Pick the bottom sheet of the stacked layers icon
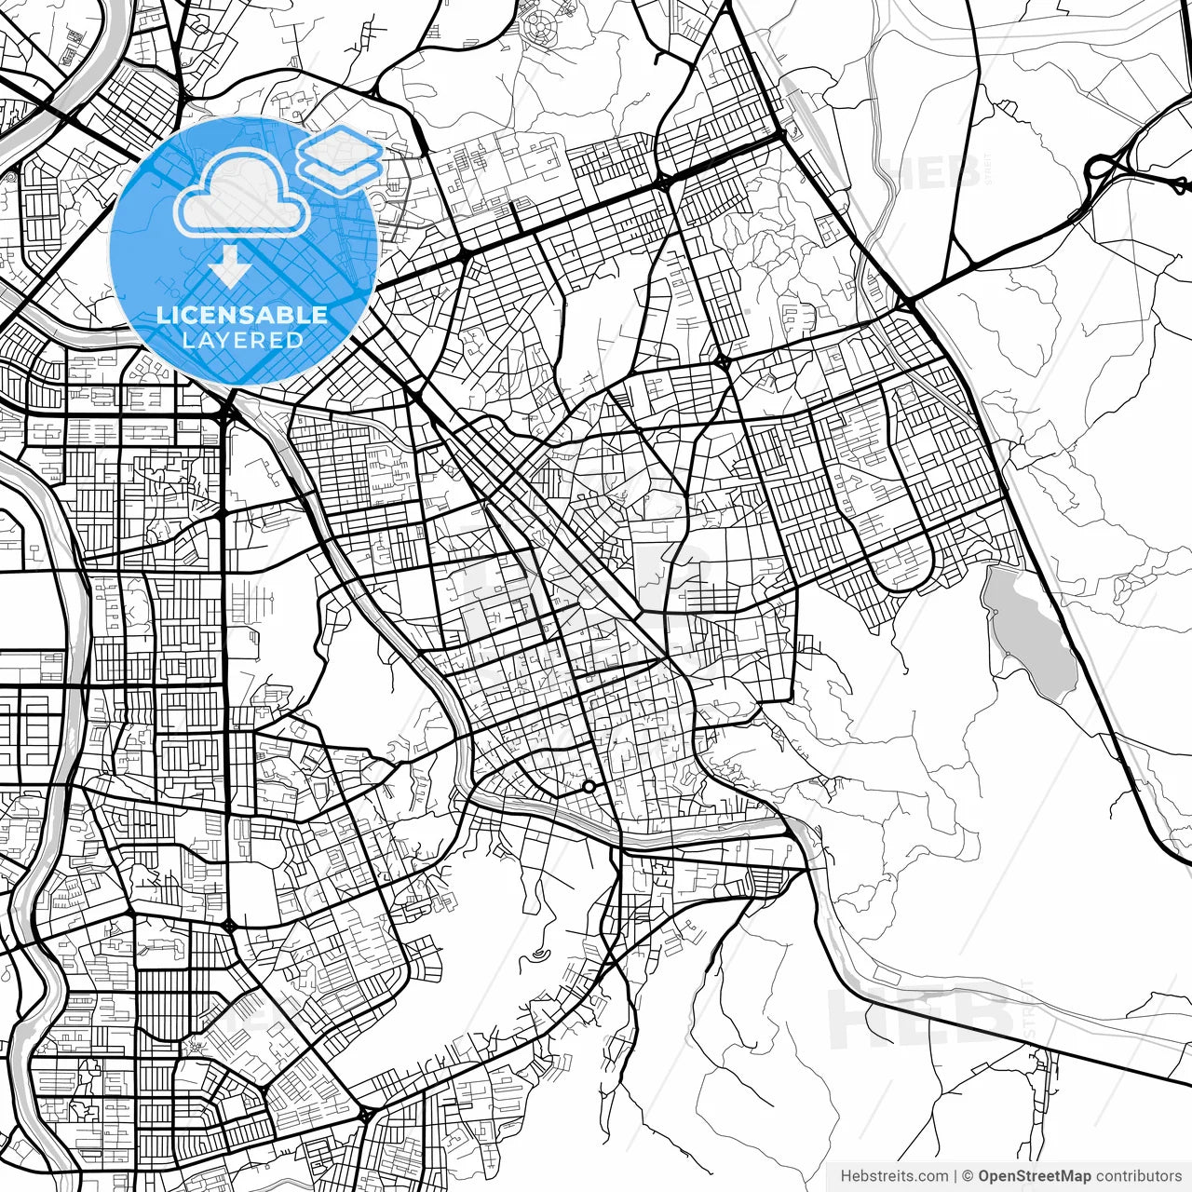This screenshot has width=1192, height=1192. pos(341,171)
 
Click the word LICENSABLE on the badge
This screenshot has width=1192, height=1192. pos(242,315)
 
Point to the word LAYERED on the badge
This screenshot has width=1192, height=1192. pos(242,340)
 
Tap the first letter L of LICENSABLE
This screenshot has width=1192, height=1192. pos(162,315)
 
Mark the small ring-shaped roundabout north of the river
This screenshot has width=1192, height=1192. pos(589,788)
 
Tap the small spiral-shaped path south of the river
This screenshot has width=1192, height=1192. pos(541,954)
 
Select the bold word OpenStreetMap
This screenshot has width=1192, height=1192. pos(1034,1176)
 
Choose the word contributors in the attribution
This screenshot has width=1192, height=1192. pos(1138,1176)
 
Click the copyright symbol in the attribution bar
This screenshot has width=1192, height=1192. pos(968,1176)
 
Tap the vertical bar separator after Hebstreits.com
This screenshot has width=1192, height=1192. pos(955,1176)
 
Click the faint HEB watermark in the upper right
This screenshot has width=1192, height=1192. pos(931,172)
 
